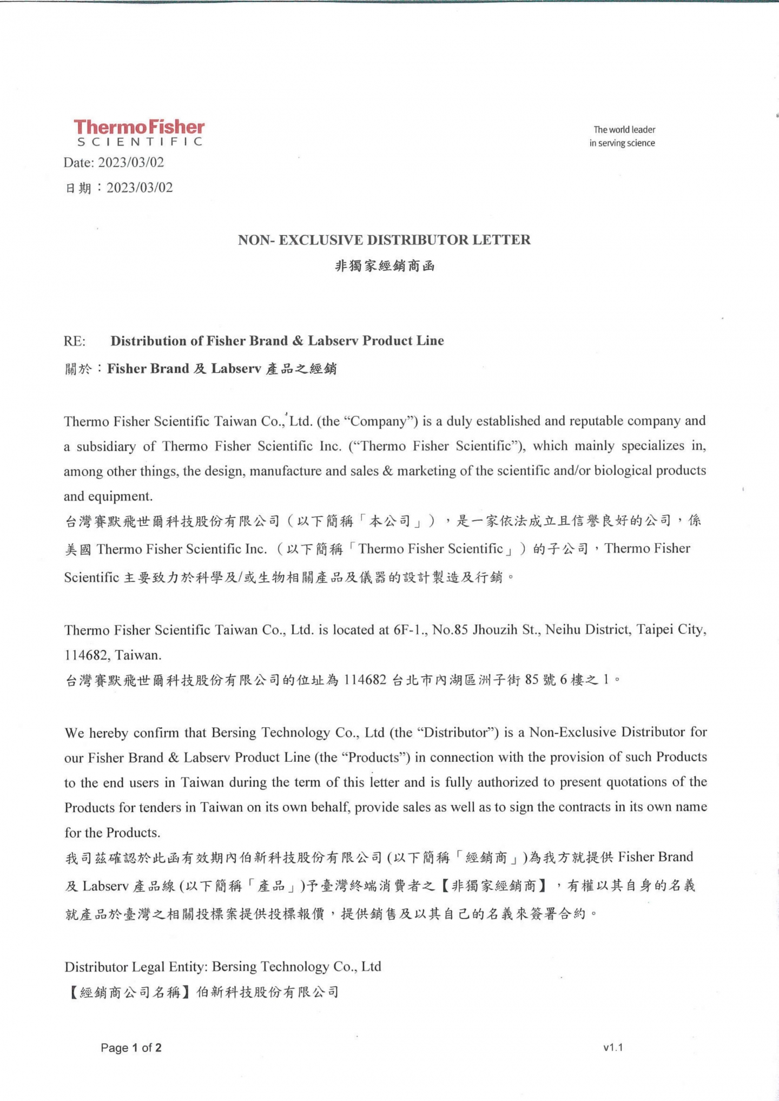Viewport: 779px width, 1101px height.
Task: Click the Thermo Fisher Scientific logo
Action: click(139, 133)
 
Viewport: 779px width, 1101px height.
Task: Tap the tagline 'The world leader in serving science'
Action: click(623, 136)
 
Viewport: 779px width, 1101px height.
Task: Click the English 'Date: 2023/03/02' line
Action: click(114, 162)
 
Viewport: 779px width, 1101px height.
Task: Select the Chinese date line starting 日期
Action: click(119, 188)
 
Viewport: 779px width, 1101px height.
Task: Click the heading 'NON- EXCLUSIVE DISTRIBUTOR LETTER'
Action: click(384, 240)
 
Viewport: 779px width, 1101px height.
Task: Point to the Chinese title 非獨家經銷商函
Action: click(385, 266)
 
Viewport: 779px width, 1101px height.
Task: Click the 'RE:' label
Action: click(75, 341)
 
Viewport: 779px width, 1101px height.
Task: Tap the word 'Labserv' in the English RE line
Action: click(333, 341)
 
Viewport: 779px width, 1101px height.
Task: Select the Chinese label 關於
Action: click(78, 370)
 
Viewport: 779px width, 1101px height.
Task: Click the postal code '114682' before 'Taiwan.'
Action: click(87, 655)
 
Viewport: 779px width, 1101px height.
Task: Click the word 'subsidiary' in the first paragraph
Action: click(105, 446)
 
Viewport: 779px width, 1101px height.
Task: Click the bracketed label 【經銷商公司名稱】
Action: click(129, 992)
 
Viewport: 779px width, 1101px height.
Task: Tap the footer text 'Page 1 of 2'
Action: click(131, 1048)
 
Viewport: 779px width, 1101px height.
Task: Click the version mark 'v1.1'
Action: click(613, 1047)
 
